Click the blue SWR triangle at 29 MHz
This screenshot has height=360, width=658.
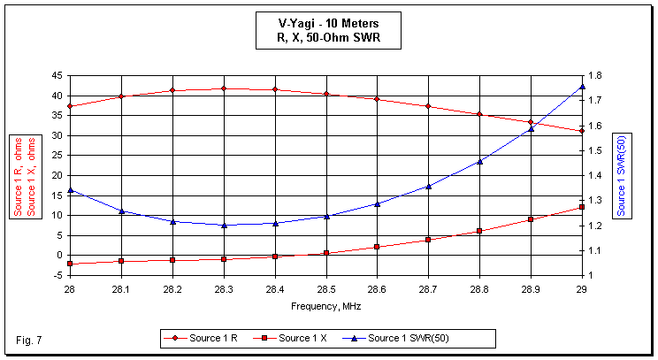[x=582, y=87]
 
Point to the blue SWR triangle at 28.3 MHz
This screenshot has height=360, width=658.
[x=224, y=225]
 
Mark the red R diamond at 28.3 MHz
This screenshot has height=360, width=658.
[x=224, y=88]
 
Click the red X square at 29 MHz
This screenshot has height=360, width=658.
[x=582, y=207]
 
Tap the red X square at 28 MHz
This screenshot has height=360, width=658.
[x=69, y=264]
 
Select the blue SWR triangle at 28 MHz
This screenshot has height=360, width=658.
[x=69, y=190]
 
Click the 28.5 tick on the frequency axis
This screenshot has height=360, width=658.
[x=325, y=289]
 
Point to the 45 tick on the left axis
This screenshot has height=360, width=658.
[x=56, y=76]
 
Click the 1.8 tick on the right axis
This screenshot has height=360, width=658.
[x=597, y=76]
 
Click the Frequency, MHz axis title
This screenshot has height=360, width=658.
[x=325, y=306]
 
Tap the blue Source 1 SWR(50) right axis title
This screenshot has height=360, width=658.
[x=622, y=175]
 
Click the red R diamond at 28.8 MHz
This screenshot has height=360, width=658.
[x=479, y=114]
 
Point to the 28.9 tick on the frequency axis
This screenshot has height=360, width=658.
[x=531, y=289]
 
